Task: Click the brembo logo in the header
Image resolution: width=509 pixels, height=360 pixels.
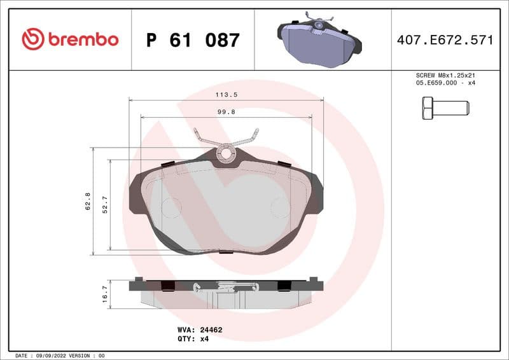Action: [70, 39]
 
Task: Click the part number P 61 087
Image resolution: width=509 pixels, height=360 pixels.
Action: [193, 40]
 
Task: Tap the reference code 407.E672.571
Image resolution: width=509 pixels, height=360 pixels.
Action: [445, 40]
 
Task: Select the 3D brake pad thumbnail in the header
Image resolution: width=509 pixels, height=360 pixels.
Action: [319, 40]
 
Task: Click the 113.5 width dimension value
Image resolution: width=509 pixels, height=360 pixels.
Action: [227, 94]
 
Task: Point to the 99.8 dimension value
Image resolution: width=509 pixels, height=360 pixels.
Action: [227, 111]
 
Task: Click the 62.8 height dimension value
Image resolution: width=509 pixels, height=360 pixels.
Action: [88, 202]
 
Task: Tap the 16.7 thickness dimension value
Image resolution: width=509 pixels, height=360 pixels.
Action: [105, 294]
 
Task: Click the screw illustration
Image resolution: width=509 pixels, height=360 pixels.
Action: [445, 106]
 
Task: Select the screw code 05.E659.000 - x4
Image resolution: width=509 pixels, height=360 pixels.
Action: [445, 83]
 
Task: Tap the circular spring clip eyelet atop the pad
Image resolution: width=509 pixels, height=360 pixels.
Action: [225, 153]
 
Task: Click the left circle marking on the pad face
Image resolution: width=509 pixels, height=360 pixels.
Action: [171, 207]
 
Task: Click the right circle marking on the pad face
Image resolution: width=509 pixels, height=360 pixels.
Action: [280, 207]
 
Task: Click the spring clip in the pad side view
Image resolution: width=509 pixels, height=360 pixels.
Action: [226, 287]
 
